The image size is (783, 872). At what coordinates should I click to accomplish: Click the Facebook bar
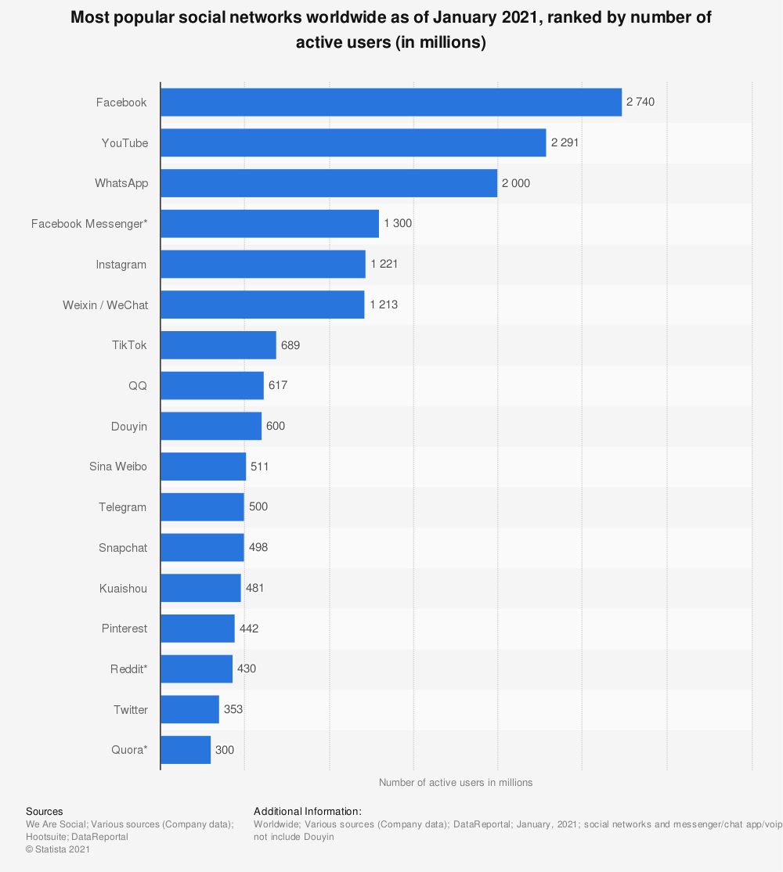tap(391, 102)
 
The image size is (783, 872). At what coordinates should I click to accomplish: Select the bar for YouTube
tap(353, 142)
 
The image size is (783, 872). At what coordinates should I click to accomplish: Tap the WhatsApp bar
tap(329, 183)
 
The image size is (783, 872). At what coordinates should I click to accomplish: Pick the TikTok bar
tap(218, 345)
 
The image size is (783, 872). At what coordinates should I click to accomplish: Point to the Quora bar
tap(186, 750)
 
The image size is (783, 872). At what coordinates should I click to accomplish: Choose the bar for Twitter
tap(189, 709)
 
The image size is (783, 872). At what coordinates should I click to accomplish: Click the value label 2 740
tap(640, 102)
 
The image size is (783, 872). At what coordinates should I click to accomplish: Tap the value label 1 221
tap(384, 264)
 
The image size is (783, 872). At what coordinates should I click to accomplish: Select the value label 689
tap(290, 345)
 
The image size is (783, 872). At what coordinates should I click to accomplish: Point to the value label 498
tap(258, 547)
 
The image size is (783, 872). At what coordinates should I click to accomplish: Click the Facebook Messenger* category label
tap(88, 224)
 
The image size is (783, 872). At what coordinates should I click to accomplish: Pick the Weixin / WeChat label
tap(105, 304)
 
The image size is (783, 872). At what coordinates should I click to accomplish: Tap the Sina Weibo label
tap(118, 467)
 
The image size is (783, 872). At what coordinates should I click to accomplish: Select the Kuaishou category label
tap(123, 588)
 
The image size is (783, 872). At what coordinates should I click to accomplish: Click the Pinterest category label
tap(124, 629)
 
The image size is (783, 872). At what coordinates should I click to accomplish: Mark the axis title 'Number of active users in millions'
tap(456, 783)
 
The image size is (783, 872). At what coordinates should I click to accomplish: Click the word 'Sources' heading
tap(45, 812)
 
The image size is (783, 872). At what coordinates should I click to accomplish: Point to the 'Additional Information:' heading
tap(308, 812)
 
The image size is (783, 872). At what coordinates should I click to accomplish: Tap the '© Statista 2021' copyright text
tap(59, 849)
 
